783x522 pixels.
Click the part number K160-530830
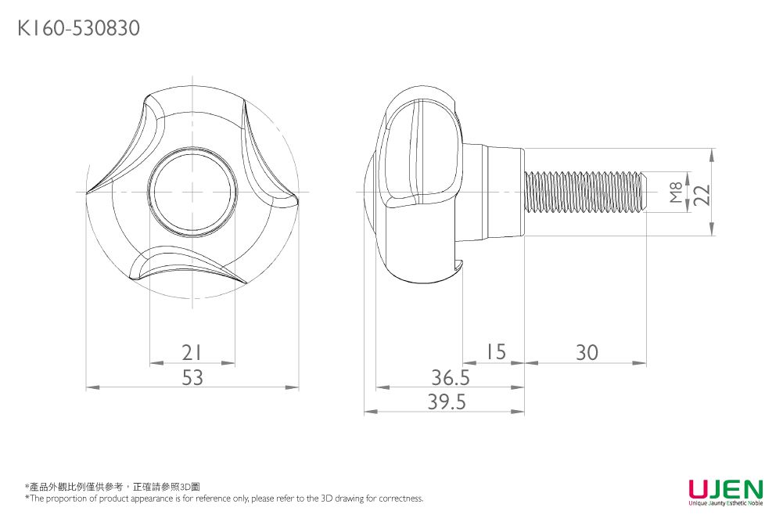pos(78,30)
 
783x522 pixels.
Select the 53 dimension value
pos(192,377)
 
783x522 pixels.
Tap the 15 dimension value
pos(496,352)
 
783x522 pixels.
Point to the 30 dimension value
pos(586,353)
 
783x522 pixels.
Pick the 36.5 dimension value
pos(451,378)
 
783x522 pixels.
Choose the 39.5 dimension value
pos(447,402)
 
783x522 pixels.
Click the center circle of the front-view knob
pos(192,192)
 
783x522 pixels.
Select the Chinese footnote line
pos(113,487)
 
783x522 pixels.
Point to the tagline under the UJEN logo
pos(725,504)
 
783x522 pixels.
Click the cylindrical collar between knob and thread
pos(493,192)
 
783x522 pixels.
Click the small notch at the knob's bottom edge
pos(459,266)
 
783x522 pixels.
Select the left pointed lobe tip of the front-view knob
pos(88,190)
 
